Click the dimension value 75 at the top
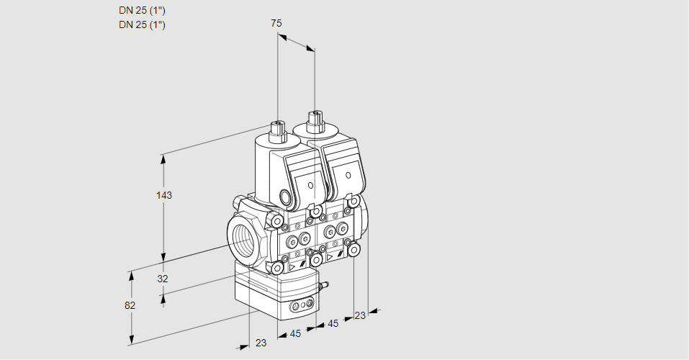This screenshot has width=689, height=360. coord(276,23)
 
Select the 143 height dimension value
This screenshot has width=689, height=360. coord(166,195)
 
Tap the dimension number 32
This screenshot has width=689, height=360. coord(163,279)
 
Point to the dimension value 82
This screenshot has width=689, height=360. coord(130,305)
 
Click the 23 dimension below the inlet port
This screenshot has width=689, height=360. coord(261,343)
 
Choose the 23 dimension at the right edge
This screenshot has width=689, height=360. coord(360,315)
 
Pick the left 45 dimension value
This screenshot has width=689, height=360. coord(294,333)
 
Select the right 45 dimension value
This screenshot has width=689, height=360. coord(333,323)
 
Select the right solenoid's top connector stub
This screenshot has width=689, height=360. coord(315,119)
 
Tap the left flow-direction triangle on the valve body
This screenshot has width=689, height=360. coord(292,266)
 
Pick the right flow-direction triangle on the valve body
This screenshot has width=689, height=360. coord(330,256)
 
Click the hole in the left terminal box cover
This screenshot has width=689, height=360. coord(311,186)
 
